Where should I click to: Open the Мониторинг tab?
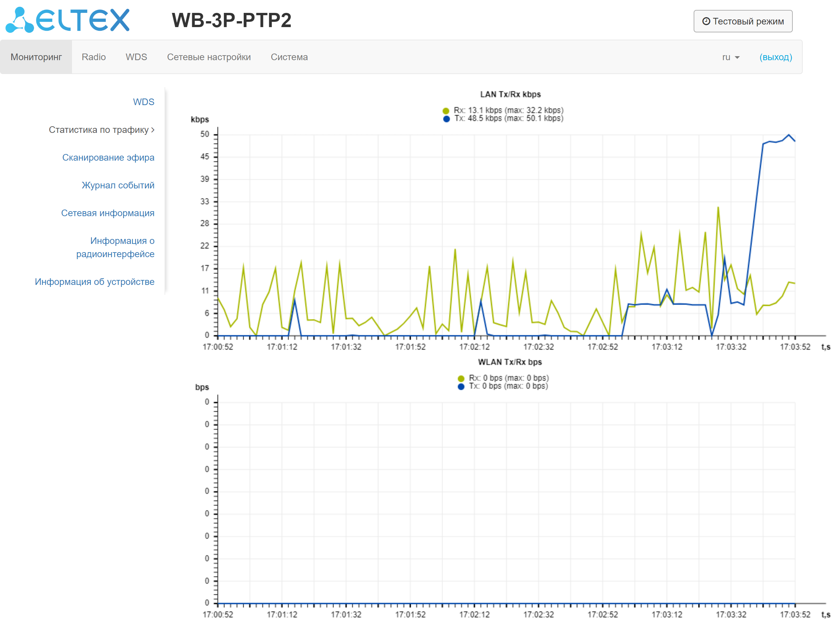36,57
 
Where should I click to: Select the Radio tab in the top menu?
93,57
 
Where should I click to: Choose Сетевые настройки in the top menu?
209,57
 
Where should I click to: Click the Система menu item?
289,57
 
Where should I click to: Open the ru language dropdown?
730,57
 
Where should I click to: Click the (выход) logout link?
775,57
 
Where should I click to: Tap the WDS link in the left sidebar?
143,102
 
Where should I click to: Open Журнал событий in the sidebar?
118,185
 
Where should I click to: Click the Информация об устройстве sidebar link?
94,282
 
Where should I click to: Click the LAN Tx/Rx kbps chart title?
510,94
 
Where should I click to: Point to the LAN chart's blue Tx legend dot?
446,119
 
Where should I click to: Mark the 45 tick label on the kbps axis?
204,157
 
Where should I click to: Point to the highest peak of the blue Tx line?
788,135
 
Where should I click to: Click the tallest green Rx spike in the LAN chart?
718,207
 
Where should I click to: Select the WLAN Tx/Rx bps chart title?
510,362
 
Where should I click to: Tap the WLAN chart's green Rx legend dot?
460,378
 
